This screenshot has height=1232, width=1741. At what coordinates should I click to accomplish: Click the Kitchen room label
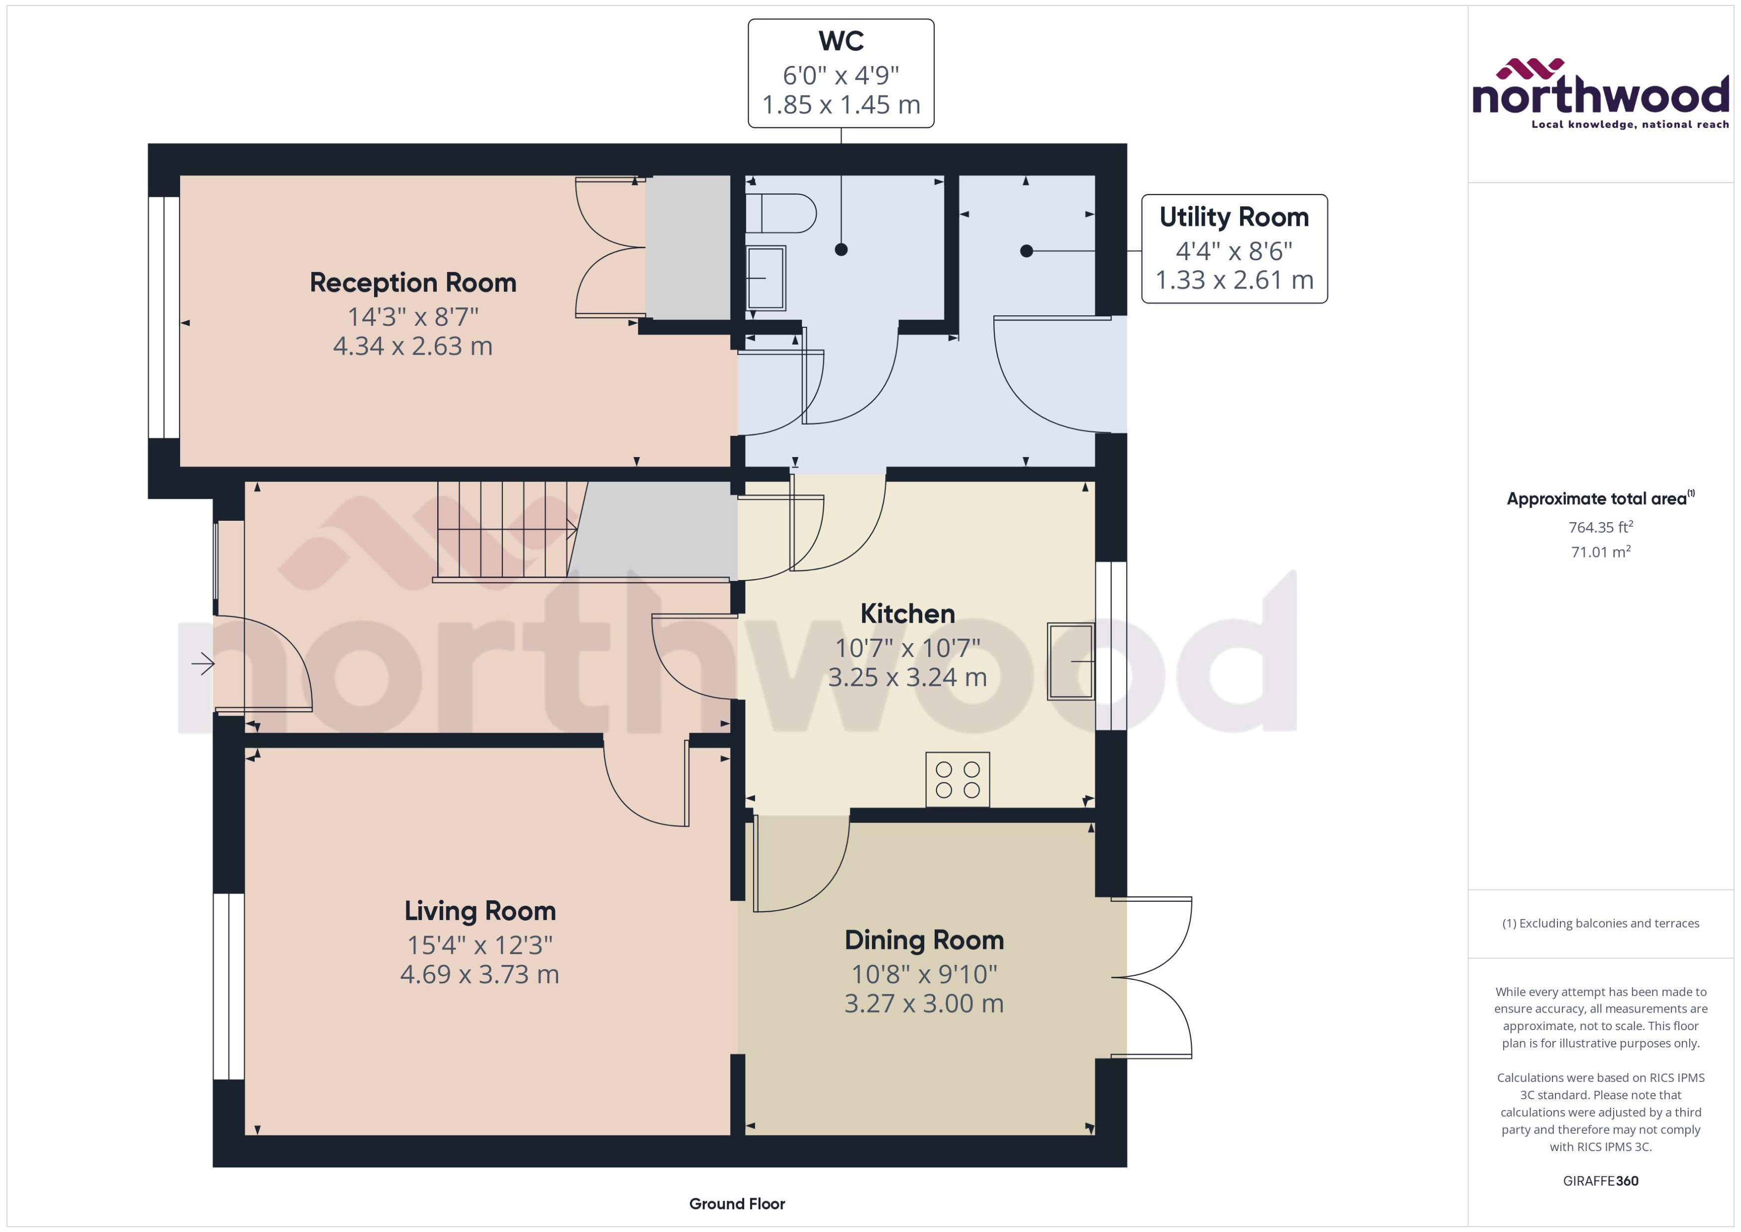[907, 614]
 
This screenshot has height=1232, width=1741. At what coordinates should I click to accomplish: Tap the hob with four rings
[958, 779]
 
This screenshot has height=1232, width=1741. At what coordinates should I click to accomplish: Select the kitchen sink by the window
[1070, 661]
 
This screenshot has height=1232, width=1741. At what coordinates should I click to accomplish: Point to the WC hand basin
[766, 278]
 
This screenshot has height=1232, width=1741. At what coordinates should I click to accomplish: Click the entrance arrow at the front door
[202, 664]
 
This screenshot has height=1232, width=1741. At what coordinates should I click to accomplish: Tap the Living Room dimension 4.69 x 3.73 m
[480, 974]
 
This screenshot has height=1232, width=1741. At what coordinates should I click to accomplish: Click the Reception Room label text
[413, 283]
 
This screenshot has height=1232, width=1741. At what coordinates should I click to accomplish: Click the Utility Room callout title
[1234, 218]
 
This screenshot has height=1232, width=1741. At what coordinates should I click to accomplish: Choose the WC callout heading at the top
[841, 41]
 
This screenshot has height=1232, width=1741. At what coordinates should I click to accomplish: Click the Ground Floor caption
[737, 1204]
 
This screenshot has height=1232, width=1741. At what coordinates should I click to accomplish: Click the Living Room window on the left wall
[228, 986]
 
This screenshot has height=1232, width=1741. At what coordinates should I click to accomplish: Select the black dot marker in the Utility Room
[1026, 251]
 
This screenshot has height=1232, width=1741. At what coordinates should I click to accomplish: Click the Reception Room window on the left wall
[163, 317]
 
